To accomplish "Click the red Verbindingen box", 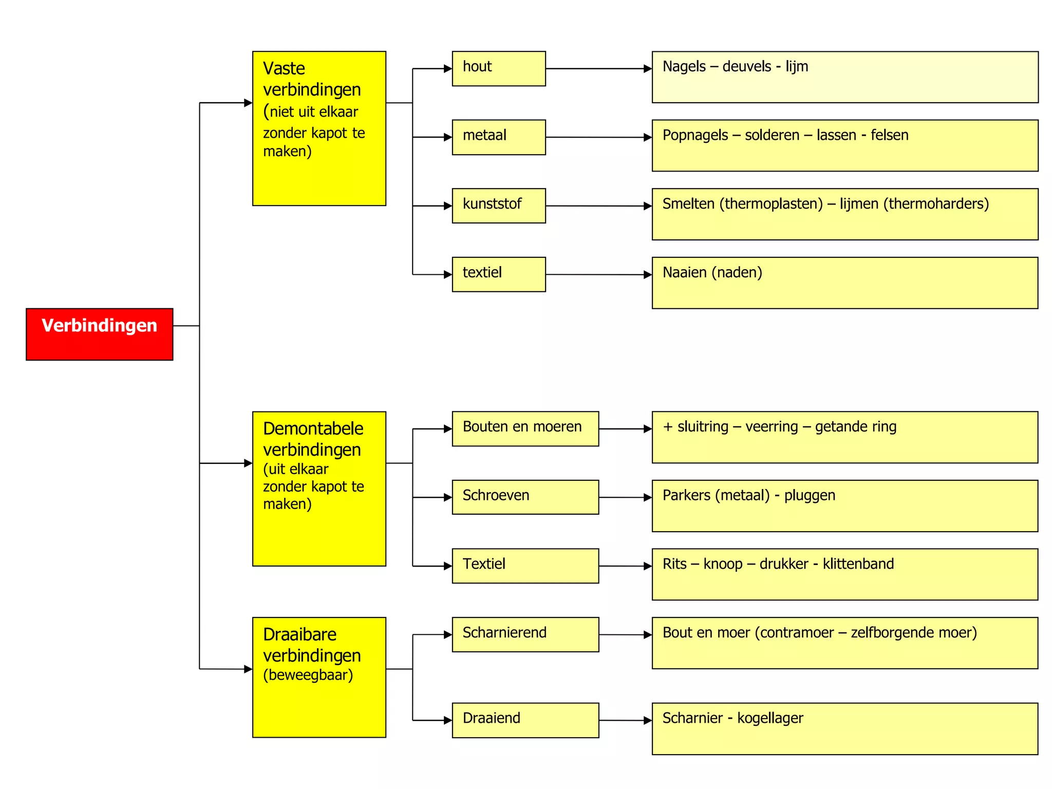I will [99, 334].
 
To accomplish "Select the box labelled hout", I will [498, 68].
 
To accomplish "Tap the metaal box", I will [498, 137].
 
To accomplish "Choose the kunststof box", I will [498, 205].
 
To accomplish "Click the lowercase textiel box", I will [498, 274].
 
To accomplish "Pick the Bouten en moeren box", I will [525, 428].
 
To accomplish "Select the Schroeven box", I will [525, 497].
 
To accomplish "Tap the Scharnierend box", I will [525, 634].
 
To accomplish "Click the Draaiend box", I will [525, 720].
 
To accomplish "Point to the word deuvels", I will [746, 67].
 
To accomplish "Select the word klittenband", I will [858, 564].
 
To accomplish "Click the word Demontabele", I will [313, 428].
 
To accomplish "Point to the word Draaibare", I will [299, 634].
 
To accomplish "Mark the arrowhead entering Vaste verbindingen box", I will [248, 103].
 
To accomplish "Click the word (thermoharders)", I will [936, 204].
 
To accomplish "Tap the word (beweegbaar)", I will [308, 675].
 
